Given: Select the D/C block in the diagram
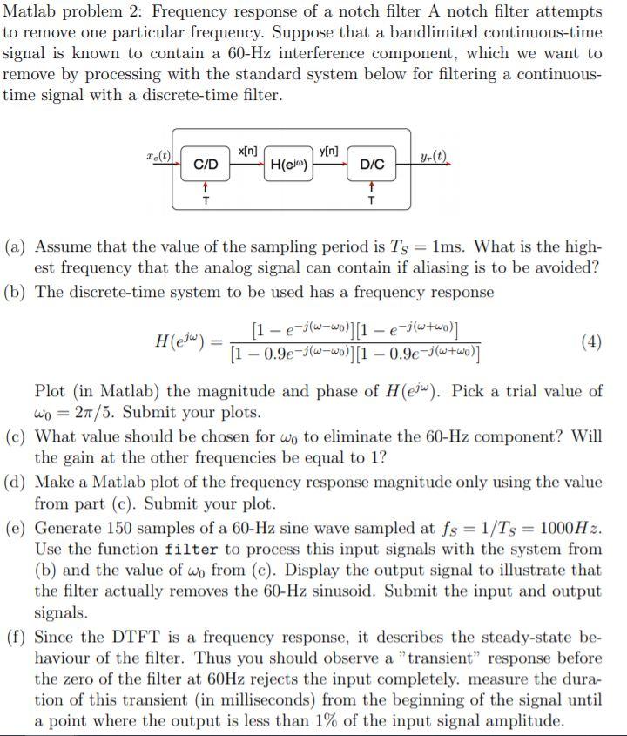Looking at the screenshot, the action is [372, 164].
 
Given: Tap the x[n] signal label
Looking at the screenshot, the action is [246, 152].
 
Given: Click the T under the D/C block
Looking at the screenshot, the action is [372, 199].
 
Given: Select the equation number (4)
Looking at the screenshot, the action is [590, 340].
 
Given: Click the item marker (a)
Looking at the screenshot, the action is [17, 246].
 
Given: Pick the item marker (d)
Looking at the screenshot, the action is [17, 482].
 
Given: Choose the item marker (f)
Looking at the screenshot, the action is [17, 636].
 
